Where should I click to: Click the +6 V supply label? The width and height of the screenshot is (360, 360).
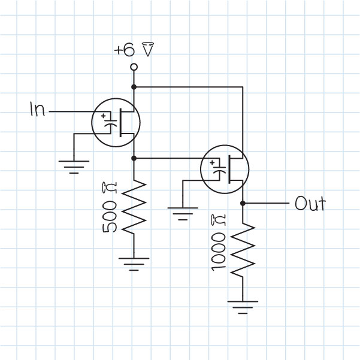click(x=134, y=50)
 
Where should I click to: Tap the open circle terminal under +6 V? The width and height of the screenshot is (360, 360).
click(x=134, y=66)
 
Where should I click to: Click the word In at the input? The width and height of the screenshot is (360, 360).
click(x=37, y=110)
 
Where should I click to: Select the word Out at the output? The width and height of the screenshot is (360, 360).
click(x=310, y=204)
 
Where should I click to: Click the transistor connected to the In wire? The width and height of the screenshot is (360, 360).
click(x=116, y=122)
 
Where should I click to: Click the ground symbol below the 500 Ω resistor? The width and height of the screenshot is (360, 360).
click(x=134, y=262)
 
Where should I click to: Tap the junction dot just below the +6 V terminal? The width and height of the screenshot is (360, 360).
click(x=134, y=87)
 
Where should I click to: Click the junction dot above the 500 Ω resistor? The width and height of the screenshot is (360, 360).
click(x=134, y=158)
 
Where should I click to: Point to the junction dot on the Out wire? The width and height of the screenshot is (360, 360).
click(x=243, y=204)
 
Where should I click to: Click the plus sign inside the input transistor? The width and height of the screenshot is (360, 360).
click(x=105, y=116)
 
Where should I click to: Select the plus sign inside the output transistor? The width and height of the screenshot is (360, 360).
click(x=214, y=161)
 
